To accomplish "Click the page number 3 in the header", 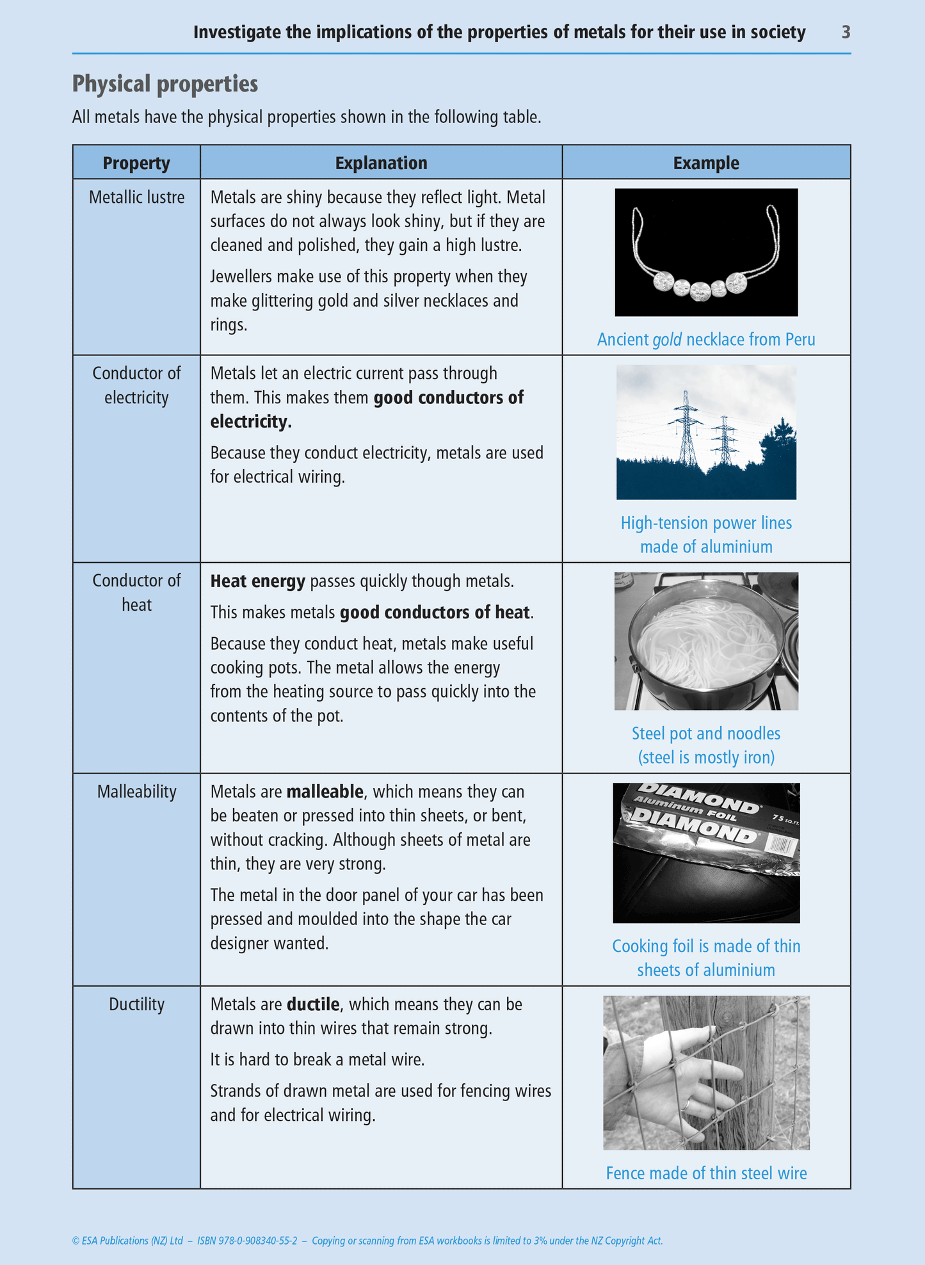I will (x=846, y=32).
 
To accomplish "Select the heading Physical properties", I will (x=165, y=84).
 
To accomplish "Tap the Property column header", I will (x=136, y=163).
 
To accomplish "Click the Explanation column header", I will (x=381, y=163).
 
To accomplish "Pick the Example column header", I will (x=705, y=163).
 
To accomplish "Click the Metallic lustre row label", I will (x=136, y=197).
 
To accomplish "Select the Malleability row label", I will (x=136, y=792).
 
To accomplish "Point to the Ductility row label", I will (x=136, y=1004).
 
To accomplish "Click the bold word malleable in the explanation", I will (x=325, y=792).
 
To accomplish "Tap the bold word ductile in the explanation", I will (x=312, y=1004).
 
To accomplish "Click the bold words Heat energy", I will (x=257, y=581).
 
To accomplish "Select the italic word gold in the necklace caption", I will (x=667, y=339).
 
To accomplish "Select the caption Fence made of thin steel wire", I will (x=705, y=1173).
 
